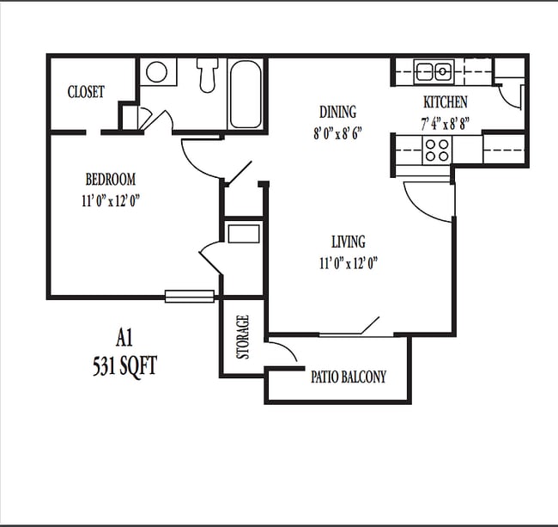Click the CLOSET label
pos(86,92)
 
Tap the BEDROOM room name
pos(111,180)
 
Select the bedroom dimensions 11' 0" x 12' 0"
pos(112,199)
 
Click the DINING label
pos(337,112)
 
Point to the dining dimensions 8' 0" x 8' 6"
pos(337,132)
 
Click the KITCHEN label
pos(444,102)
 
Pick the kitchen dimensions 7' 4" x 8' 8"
pos(445,122)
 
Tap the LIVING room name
pos(349,242)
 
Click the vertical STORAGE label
pos(243,338)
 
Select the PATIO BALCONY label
pos(348,377)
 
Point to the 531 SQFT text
pos(125,365)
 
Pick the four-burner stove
pos(437,150)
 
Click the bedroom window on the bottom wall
pos(190,297)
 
